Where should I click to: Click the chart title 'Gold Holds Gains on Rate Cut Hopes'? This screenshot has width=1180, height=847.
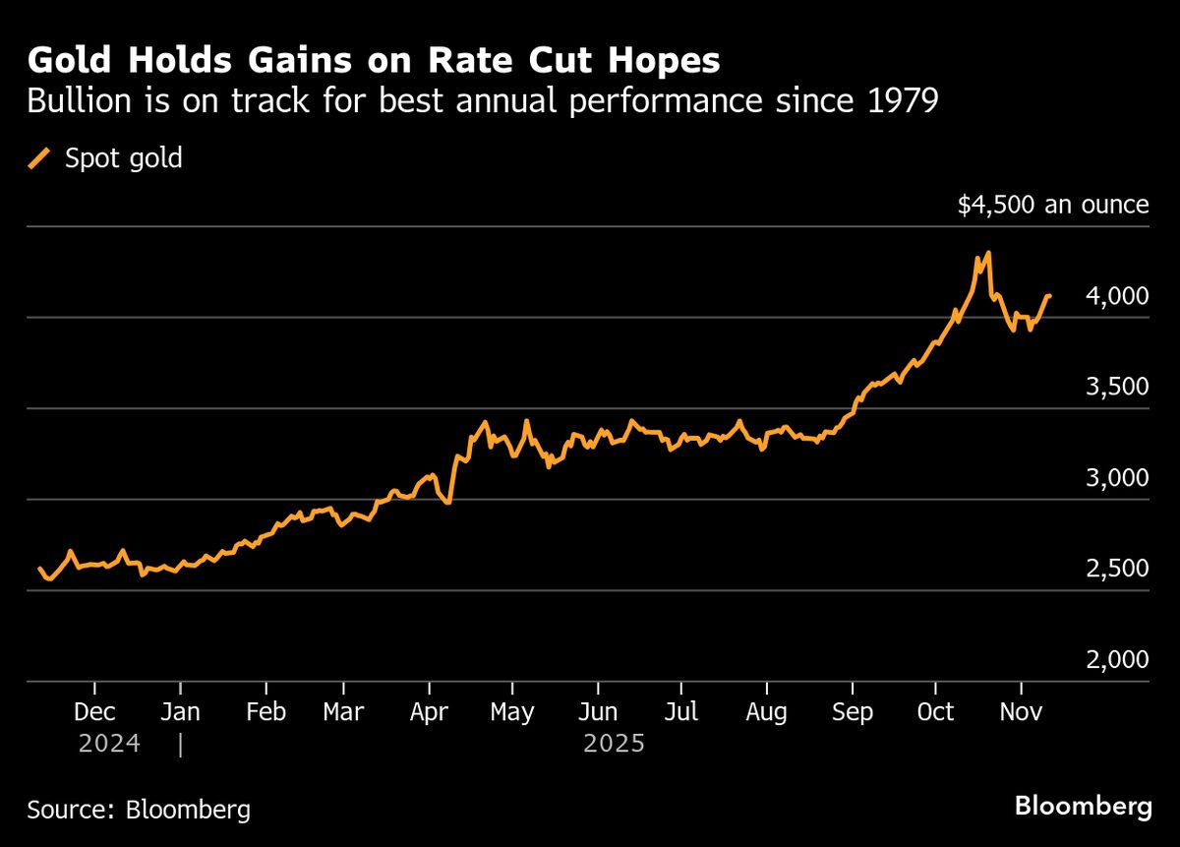[374, 61]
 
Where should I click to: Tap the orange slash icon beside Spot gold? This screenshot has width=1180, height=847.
[40, 158]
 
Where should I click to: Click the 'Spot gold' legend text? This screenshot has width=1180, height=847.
[124, 158]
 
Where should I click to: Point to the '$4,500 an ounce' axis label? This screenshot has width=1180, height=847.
[1053, 205]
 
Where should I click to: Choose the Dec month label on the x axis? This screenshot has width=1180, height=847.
[94, 712]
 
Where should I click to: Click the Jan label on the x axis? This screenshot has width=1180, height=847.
[180, 712]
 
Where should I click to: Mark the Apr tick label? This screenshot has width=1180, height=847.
[429, 712]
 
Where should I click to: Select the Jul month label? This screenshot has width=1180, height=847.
[681, 712]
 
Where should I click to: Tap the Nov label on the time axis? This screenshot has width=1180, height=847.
[1021, 712]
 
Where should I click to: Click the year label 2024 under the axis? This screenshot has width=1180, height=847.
[108, 744]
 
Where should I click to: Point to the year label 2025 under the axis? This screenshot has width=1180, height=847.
[614, 744]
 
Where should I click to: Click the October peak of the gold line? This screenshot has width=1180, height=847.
[987, 253]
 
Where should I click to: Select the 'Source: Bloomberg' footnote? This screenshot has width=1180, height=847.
[139, 810]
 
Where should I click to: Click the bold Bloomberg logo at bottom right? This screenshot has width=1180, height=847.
[1083, 808]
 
